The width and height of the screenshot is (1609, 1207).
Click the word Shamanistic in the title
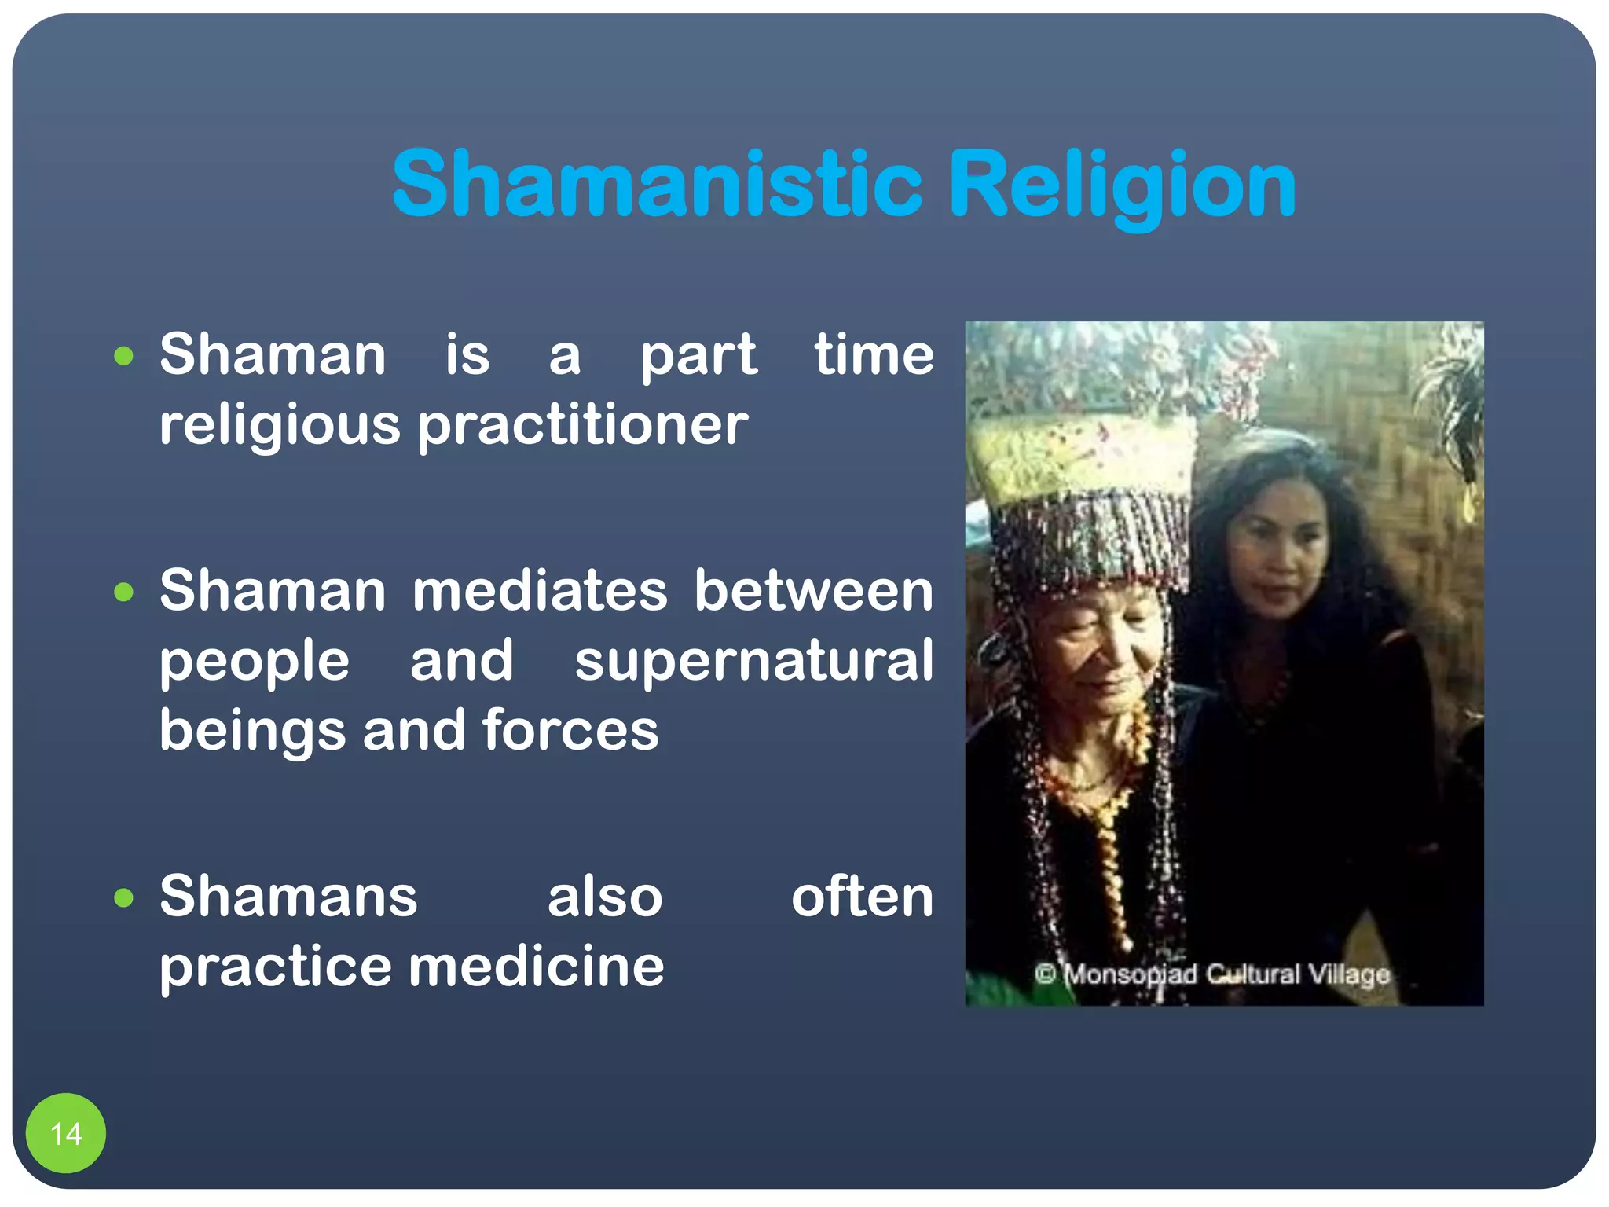(x=656, y=185)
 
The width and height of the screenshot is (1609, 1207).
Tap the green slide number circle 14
(x=66, y=1133)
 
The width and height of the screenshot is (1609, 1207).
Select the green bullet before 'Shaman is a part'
(x=123, y=357)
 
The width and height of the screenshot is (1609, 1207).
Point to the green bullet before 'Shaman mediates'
(x=123, y=592)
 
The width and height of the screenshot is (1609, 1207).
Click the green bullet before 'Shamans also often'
(x=123, y=897)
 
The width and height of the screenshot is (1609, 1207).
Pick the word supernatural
(x=753, y=661)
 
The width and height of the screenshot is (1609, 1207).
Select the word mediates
(x=540, y=591)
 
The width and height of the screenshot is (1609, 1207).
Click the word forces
(x=570, y=730)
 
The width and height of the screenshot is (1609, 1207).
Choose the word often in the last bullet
(x=862, y=897)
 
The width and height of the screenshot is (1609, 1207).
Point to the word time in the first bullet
(x=874, y=355)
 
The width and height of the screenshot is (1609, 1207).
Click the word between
(x=813, y=591)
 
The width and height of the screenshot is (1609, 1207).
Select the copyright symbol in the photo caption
(x=1045, y=974)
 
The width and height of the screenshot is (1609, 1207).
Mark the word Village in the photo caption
(x=1349, y=975)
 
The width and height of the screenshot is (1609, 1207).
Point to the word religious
(x=280, y=426)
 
